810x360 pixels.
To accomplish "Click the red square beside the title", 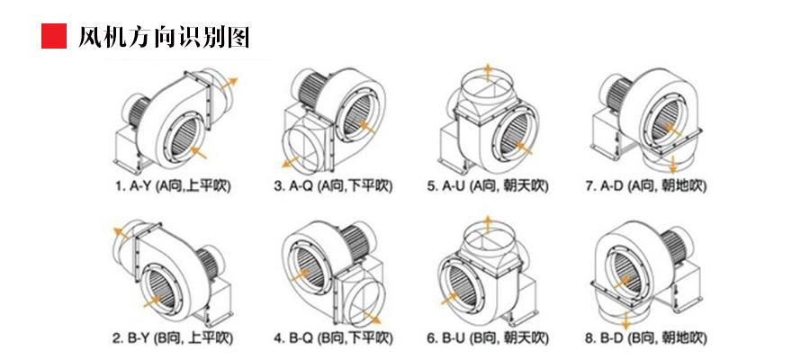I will pos(55,36).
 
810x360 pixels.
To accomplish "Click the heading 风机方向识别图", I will pos(164,37).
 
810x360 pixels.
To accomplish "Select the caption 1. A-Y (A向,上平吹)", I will pos(173,186).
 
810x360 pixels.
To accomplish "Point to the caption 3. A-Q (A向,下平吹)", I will pos(333,186).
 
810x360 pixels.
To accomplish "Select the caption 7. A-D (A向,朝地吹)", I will pos(646,186).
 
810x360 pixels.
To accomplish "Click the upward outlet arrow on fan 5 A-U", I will pos(488,72).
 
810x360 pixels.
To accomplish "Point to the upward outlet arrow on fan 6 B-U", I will pos(488,224).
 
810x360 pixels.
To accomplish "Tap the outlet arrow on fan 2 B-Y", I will pos(118,234).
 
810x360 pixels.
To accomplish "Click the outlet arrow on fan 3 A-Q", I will pos(290,161).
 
